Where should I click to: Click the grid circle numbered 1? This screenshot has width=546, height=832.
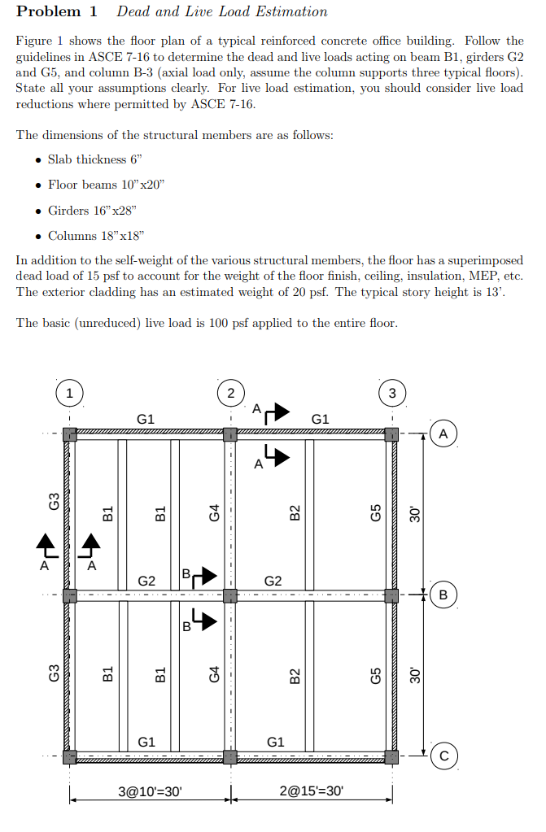70,394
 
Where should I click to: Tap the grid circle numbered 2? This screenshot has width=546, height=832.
231,394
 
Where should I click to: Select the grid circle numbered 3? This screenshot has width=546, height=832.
392,394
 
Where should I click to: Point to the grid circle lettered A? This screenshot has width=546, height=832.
443,433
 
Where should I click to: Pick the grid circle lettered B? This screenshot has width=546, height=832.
443,594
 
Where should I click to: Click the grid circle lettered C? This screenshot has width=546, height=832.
443,756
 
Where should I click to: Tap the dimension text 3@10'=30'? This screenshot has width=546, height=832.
150,790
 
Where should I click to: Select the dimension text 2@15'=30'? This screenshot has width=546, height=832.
312,790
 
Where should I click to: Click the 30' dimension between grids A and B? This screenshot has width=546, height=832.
415,513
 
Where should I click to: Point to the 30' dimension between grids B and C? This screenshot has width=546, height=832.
415,674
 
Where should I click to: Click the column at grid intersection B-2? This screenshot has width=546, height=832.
230,595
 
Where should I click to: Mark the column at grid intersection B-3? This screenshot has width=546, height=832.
392,595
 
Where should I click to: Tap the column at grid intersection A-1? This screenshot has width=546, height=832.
70,434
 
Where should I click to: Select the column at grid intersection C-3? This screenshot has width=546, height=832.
392,756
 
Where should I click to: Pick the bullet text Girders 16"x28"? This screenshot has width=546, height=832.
92,211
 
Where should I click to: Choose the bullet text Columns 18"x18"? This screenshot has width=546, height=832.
96,236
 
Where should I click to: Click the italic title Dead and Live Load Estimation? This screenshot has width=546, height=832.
222,12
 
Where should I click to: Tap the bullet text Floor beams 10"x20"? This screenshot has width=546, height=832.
106,185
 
